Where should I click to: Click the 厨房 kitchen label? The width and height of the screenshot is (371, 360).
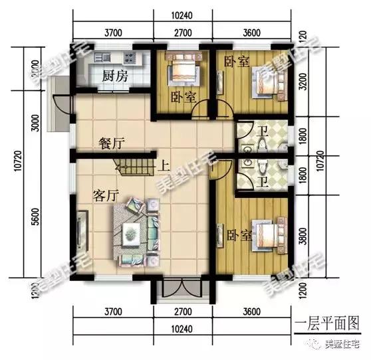coord(114,77)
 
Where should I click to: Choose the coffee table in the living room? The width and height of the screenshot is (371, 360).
coord(132,232)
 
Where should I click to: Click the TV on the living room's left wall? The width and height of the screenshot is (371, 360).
coord(80,229)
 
